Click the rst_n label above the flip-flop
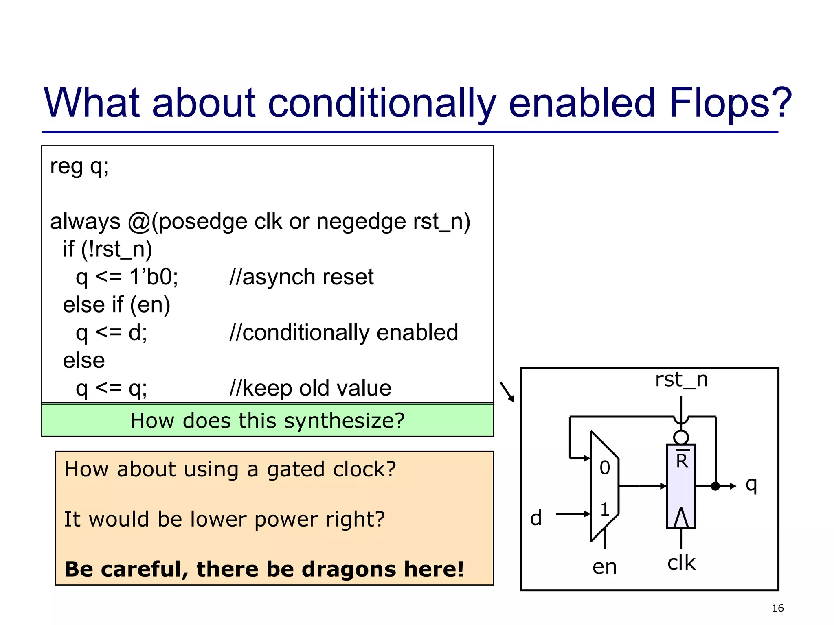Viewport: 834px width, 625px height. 681,380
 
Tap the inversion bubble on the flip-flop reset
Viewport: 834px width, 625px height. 681,437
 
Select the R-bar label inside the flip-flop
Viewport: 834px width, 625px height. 682,460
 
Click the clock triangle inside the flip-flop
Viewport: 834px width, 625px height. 681,518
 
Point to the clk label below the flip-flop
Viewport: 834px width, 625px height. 681,563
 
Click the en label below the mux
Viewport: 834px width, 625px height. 604,567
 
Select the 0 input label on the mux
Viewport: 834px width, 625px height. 605,468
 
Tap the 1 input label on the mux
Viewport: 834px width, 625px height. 605,509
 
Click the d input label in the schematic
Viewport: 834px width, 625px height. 536,518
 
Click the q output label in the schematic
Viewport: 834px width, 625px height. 751,485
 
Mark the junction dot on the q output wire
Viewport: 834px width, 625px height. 715,486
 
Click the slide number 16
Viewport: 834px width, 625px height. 777,608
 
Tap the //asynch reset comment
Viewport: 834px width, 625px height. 301,277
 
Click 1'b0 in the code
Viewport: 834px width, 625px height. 154,277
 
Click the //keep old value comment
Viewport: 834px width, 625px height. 310,388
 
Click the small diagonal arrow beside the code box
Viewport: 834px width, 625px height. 507,391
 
